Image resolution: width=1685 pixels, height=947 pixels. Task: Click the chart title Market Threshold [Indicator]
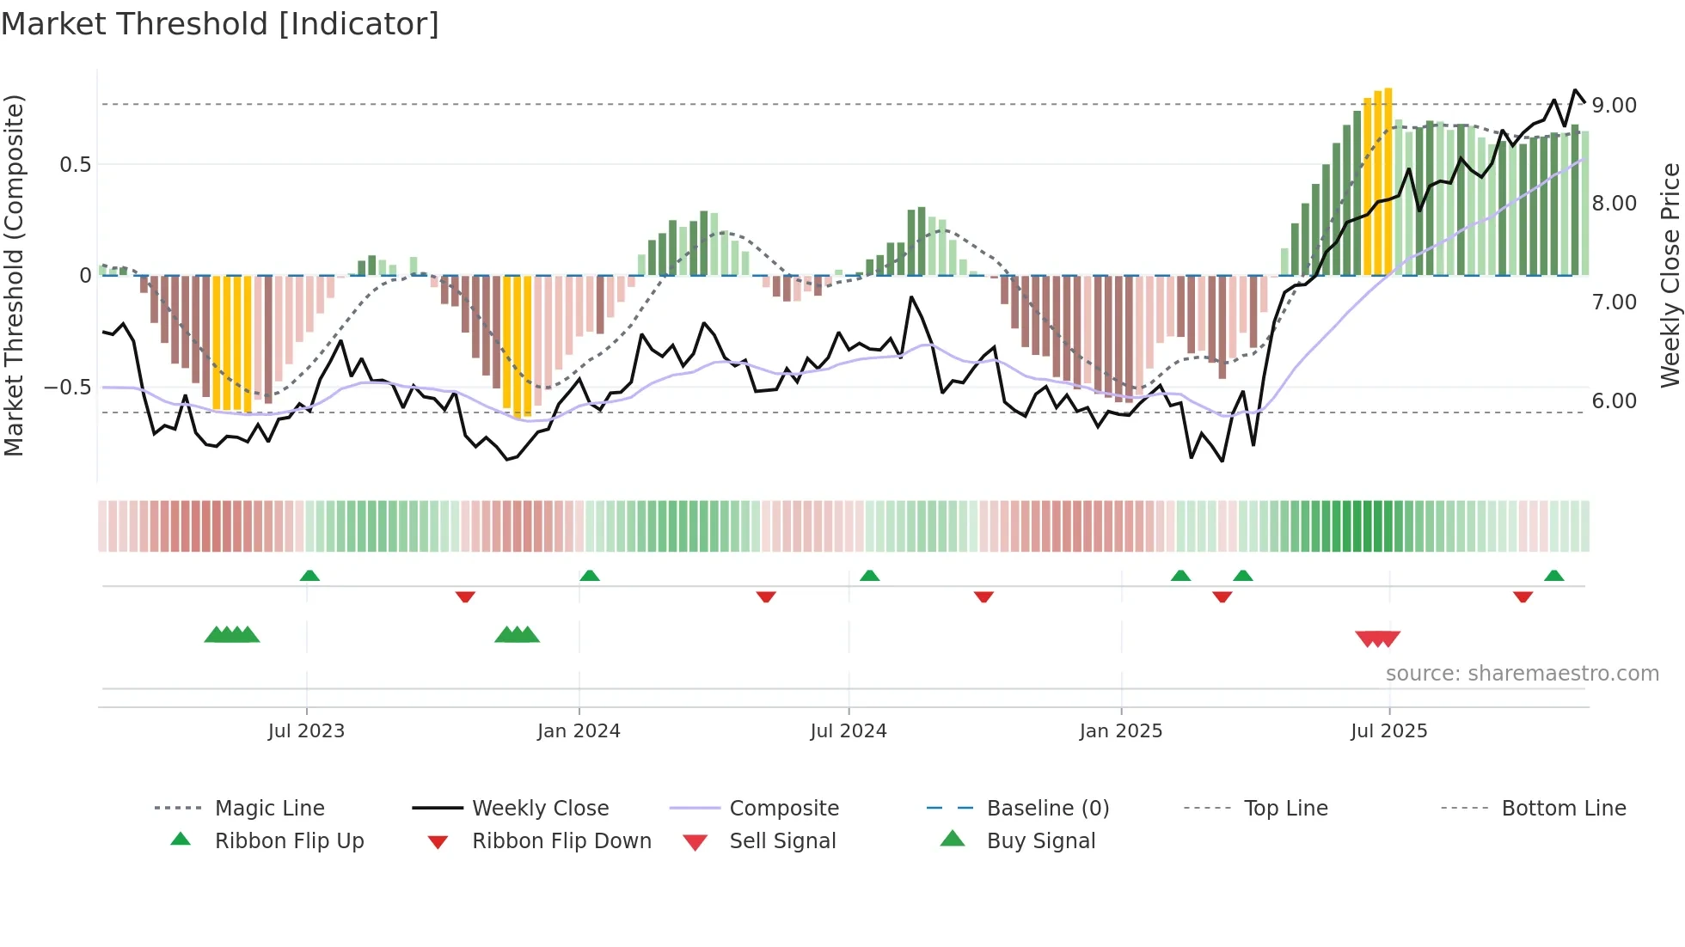[x=220, y=24]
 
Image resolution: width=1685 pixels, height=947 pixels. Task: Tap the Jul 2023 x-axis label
[x=306, y=731]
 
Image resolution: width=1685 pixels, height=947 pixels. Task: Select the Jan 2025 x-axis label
[x=1121, y=731]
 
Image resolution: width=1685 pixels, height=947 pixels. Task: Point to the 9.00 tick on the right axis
[x=1614, y=106]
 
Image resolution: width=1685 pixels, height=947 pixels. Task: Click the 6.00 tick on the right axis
[x=1614, y=401]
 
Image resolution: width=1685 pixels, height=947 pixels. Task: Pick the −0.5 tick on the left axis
[x=67, y=388]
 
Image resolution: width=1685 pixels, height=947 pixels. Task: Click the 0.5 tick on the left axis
[x=75, y=165]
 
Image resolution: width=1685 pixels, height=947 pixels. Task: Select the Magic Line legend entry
[x=269, y=809]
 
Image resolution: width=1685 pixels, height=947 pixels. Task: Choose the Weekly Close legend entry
[x=540, y=809]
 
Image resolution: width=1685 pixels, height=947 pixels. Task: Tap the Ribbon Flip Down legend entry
[x=561, y=841]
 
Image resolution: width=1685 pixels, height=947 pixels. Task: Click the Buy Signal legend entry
[x=1040, y=841]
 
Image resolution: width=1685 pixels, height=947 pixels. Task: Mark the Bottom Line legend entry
[x=1563, y=809]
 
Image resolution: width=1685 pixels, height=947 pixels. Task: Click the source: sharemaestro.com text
[x=1522, y=674]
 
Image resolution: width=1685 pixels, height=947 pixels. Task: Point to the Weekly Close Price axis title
[x=1670, y=275]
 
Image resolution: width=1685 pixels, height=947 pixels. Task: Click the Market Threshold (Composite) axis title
[x=14, y=275]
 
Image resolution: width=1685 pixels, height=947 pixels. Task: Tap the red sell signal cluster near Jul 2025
[x=1377, y=638]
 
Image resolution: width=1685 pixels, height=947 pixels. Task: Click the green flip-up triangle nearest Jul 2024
[x=869, y=576]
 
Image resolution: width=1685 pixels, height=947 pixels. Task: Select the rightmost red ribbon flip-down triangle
[x=1523, y=596]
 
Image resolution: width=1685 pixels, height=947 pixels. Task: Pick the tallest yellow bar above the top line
[x=1388, y=180]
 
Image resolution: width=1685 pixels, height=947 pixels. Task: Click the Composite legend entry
[x=783, y=809]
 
